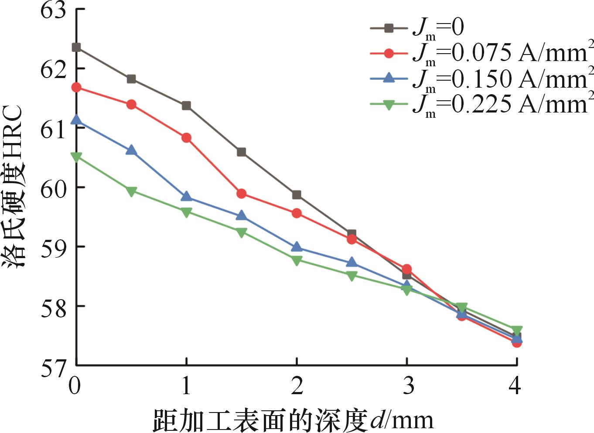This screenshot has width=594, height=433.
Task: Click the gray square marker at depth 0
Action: pos(76,47)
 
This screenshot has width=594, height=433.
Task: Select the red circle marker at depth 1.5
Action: pos(241,194)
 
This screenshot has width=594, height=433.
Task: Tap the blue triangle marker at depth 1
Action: pos(186,197)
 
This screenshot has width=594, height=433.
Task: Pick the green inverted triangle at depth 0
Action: pos(76,157)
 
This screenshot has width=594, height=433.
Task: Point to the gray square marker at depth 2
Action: pos(297,195)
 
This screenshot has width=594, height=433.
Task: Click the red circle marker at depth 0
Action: pos(76,87)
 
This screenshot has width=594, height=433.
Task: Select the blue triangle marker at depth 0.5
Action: pos(131,150)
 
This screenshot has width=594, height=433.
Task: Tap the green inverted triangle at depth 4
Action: pos(517,330)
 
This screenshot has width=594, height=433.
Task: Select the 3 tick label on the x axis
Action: pos(407,386)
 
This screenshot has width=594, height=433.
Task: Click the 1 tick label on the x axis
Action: pos(186,386)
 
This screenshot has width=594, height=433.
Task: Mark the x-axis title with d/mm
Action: pos(293,420)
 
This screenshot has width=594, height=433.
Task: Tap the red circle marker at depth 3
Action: pos(406,269)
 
